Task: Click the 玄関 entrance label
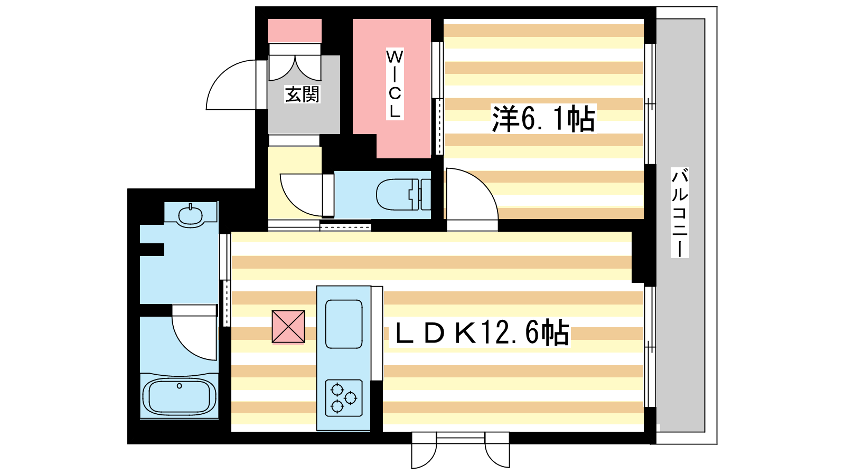[302, 94]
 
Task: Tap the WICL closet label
[395, 84]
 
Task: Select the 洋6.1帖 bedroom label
[543, 118]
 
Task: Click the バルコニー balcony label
[679, 213]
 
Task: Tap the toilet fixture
[403, 195]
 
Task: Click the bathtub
[179, 396]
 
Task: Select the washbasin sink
[191, 215]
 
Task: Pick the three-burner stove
[344, 398]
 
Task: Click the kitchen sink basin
[344, 324]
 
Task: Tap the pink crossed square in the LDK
[288, 327]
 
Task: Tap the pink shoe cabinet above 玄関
[295, 31]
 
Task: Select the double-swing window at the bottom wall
[460, 451]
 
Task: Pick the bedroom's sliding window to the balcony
[650, 103]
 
